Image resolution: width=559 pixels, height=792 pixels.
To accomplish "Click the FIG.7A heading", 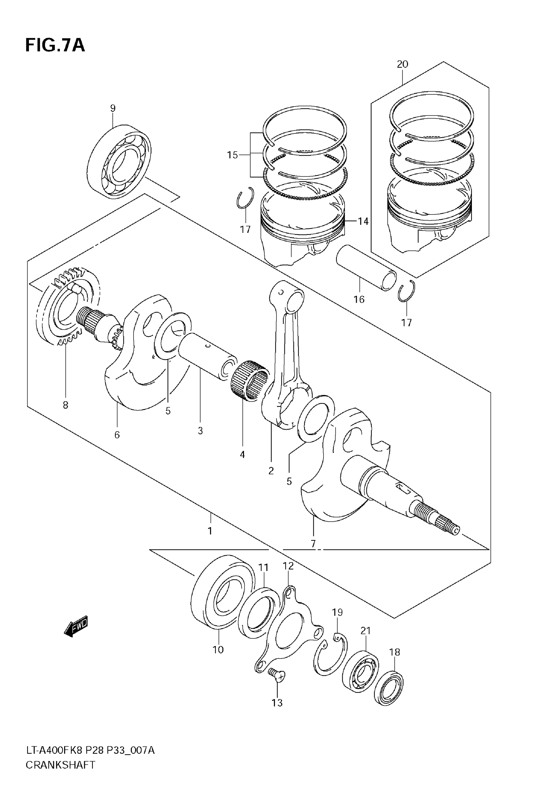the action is (x=55, y=45).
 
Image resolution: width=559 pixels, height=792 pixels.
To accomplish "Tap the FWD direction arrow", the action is (x=76, y=626).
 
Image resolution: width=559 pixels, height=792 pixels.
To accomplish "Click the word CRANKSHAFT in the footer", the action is (x=61, y=775).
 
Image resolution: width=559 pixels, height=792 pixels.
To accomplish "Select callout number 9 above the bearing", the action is (x=113, y=108).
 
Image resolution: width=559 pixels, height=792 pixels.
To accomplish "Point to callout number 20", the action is (x=402, y=64).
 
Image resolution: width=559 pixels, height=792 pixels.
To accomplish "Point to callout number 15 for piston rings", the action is (x=232, y=155).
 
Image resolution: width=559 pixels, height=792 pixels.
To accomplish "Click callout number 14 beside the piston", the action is (x=363, y=221).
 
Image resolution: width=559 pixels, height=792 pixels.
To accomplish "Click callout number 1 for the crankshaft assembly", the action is (x=210, y=540).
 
